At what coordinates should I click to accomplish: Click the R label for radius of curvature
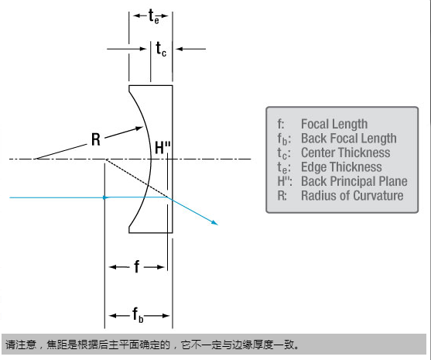96,139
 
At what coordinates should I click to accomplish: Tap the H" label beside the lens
162,148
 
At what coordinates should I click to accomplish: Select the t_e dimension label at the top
154,16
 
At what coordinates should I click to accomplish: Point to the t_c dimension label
161,49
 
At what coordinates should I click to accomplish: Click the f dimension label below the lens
137,266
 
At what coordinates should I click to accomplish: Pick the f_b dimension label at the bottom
138,315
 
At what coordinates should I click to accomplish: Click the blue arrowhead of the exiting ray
214,222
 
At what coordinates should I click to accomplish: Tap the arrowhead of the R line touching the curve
139,129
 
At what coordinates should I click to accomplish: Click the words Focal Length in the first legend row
334,124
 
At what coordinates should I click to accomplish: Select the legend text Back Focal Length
349,139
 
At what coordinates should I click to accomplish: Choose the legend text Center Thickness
346,153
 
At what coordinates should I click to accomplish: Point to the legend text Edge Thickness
341,167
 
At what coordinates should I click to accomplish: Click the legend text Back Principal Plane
354,181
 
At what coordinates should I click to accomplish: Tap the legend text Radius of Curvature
352,196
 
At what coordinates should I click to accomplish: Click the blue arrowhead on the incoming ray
106,197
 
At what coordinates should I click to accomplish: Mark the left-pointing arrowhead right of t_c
180,49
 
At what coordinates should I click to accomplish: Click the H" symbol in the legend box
285,181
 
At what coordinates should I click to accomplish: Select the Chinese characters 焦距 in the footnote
56,345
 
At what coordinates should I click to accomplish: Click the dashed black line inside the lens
137,178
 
